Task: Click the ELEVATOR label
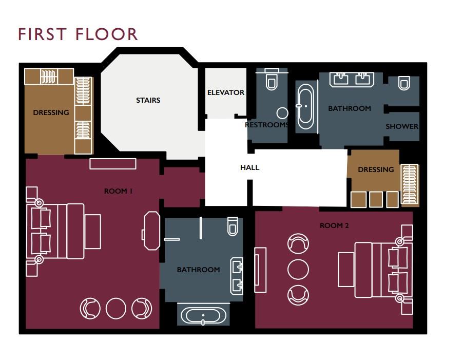pyautogui.click(x=226, y=92)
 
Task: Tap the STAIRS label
pyautogui.click(x=148, y=101)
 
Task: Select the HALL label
pyautogui.click(x=250, y=167)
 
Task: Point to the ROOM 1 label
pyautogui.click(x=119, y=191)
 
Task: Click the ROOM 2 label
pyautogui.click(x=334, y=225)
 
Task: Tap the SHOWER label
pyautogui.click(x=402, y=126)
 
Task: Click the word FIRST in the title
pyautogui.click(x=42, y=34)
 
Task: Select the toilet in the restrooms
pyautogui.click(x=272, y=79)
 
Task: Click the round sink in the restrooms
pyautogui.click(x=282, y=113)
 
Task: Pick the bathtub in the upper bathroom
pyautogui.click(x=305, y=107)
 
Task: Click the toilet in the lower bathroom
pyautogui.click(x=233, y=226)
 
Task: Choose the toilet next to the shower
pyautogui.click(x=404, y=83)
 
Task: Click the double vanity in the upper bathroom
pyautogui.click(x=352, y=80)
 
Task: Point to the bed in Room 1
pyautogui.click(x=64, y=231)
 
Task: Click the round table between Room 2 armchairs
pyautogui.click(x=298, y=269)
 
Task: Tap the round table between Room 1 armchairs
pyautogui.click(x=116, y=309)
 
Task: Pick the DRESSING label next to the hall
pyautogui.click(x=376, y=169)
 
